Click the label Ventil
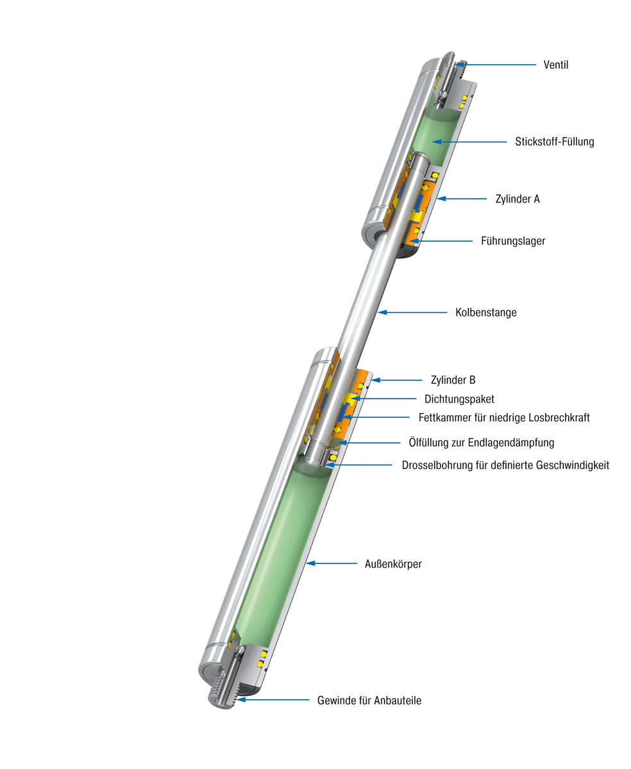555,65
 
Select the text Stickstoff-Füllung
554,142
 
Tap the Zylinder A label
517,199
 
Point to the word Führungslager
513,241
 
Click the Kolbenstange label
485,313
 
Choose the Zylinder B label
453,380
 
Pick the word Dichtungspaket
459,399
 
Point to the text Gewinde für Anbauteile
369,700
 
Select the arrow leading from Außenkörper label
332,563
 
